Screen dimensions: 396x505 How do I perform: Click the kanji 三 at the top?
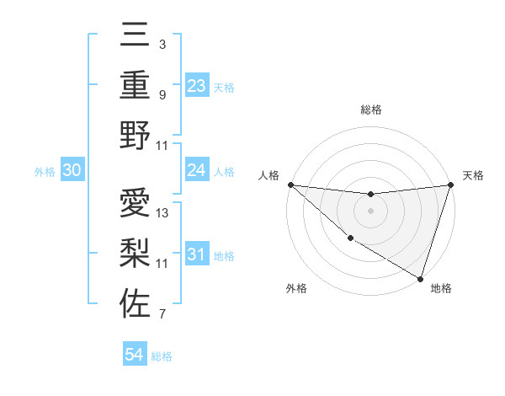[135, 37]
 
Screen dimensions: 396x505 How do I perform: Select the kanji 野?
[135, 136]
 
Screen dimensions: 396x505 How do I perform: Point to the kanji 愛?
[135, 204]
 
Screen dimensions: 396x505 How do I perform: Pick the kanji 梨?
[135, 254]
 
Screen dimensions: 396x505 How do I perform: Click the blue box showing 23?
[196, 85]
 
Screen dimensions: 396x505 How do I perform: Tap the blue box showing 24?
[196, 171]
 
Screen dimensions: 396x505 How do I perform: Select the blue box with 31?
[196, 255]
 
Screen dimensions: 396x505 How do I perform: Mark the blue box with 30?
[72, 171]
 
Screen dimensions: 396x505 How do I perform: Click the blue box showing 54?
[135, 355]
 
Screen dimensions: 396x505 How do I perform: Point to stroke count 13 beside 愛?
[162, 212]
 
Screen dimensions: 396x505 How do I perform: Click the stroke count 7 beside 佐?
[162, 314]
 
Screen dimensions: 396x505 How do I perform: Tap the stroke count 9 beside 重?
[162, 94]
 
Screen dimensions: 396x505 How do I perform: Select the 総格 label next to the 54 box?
[162, 356]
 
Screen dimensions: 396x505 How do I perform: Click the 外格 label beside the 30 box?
[45, 172]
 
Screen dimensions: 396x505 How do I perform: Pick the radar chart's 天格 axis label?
[473, 175]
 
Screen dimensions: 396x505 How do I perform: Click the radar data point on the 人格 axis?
[290, 185]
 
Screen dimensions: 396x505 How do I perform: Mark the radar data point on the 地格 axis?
[420, 277]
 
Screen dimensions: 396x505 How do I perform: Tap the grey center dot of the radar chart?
[370, 211]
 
